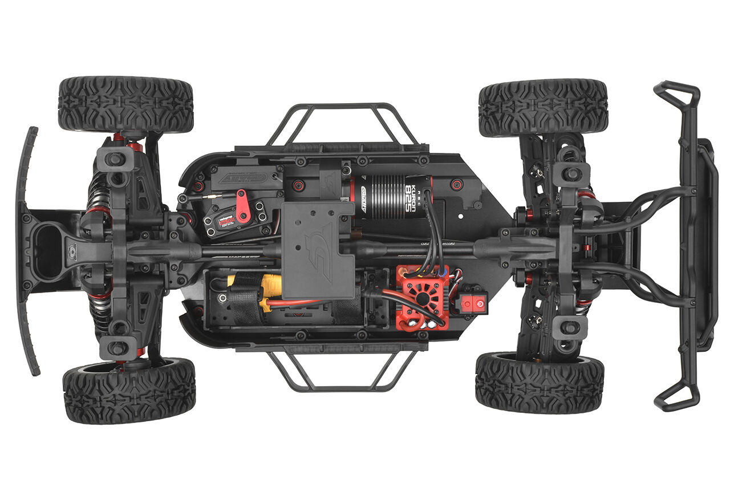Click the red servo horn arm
(242, 206)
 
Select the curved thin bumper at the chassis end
(26, 251)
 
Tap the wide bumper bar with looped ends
(687, 245)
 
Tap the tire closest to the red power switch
(539, 382)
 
